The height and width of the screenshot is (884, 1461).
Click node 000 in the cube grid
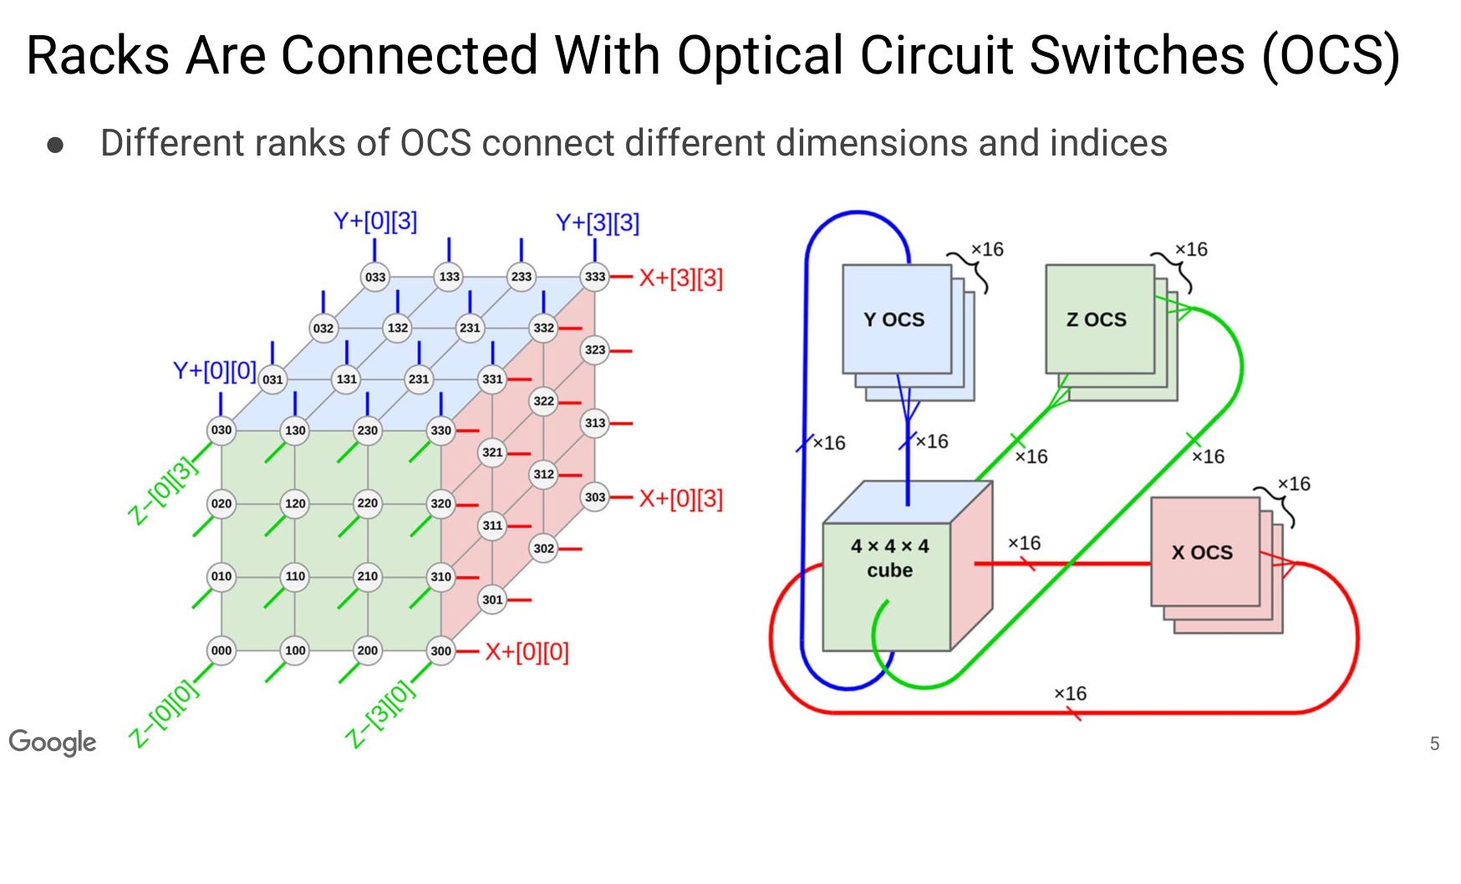click(x=221, y=650)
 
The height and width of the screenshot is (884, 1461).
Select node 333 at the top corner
click(x=595, y=276)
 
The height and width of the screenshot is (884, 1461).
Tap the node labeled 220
click(x=368, y=503)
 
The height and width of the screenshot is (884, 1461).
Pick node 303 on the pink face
click(x=595, y=497)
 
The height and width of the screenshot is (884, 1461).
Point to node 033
click(x=375, y=277)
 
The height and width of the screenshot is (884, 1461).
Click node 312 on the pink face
click(x=544, y=474)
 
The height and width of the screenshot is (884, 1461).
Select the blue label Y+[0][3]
click(x=375, y=222)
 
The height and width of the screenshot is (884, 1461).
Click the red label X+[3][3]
click(x=680, y=278)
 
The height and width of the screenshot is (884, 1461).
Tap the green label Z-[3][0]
click(x=379, y=713)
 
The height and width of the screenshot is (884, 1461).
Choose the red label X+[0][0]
click(x=527, y=652)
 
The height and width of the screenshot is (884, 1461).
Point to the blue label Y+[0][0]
click(x=214, y=370)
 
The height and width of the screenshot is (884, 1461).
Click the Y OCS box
click(x=894, y=319)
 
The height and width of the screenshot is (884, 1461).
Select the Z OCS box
click(x=1097, y=319)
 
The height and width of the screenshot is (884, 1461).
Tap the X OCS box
click(x=1202, y=552)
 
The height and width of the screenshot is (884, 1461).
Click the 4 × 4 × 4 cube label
click(x=889, y=558)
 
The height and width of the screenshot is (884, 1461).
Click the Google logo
click(x=53, y=742)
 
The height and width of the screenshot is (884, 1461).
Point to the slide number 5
click(x=1434, y=743)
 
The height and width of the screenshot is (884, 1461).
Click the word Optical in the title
click(x=761, y=56)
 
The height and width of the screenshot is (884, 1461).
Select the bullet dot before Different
click(x=56, y=145)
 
